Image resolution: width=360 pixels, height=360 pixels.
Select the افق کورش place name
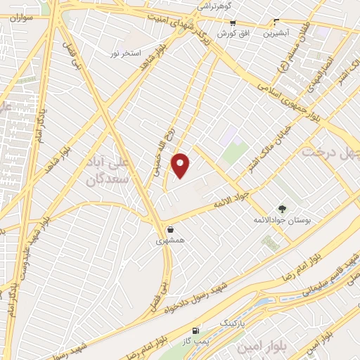pos(231,33)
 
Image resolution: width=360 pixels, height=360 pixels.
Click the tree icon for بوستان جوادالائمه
pos(282,209)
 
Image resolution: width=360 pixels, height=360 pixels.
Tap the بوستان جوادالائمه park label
pos(281,221)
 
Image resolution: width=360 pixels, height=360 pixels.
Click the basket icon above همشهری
pos(171,229)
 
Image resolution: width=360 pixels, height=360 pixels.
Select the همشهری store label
pos(170,240)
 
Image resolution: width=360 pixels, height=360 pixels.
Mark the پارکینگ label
pos(235,321)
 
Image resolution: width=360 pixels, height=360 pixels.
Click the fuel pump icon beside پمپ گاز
pos(195,330)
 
